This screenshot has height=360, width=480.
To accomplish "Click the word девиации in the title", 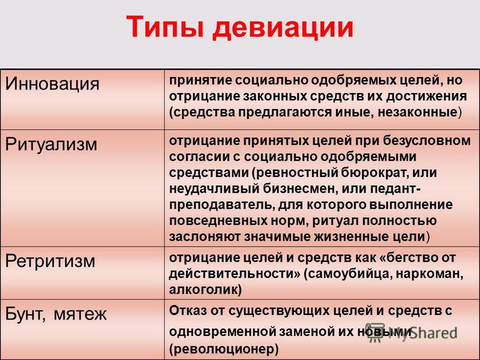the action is [283, 28].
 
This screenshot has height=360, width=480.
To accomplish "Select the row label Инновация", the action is [52, 83].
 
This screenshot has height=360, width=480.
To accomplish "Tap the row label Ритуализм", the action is [51, 145].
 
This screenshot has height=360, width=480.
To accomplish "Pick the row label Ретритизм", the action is [50, 262].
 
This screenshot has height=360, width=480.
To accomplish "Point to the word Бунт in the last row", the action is [25, 314].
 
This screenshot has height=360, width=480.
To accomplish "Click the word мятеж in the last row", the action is [80, 314].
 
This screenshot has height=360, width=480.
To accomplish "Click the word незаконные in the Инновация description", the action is [418, 112].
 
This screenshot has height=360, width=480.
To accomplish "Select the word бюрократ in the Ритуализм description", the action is [371, 173].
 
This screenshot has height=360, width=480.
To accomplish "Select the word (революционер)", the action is [224, 349].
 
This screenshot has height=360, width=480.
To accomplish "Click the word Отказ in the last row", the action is [188, 311].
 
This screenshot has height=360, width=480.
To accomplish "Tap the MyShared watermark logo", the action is [411, 332].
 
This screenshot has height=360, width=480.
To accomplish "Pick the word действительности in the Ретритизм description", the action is [235, 274].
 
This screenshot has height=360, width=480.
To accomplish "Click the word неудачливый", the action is [214, 189].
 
